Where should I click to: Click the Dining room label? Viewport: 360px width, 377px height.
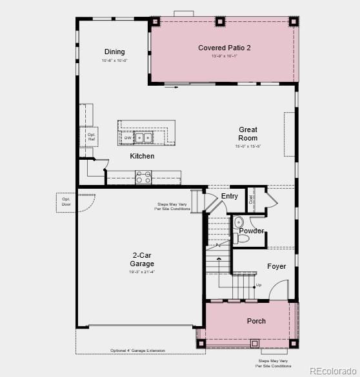coord(115,52)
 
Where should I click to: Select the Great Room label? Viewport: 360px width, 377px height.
coord(248,133)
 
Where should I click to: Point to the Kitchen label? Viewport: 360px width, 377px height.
coord(142,156)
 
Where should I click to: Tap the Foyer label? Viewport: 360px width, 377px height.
coord(277,266)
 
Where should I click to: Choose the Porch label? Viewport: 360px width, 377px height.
coord(256,321)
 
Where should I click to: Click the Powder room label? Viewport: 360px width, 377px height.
coord(252,231)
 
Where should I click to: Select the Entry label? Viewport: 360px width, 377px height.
coord(230,196)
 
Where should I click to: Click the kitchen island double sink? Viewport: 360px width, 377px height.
coord(144,137)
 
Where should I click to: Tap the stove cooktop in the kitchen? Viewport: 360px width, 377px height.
coord(143,177)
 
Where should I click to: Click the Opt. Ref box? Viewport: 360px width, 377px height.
coord(91,137)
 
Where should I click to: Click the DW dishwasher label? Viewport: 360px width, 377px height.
coord(128,138)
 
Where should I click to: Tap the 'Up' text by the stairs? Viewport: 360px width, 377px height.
coord(259,285)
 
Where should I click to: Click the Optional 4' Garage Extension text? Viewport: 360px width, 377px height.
coord(137,351)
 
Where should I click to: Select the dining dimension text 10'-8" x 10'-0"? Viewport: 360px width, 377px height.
coord(115,61)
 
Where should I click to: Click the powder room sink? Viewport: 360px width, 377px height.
coord(238,222)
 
